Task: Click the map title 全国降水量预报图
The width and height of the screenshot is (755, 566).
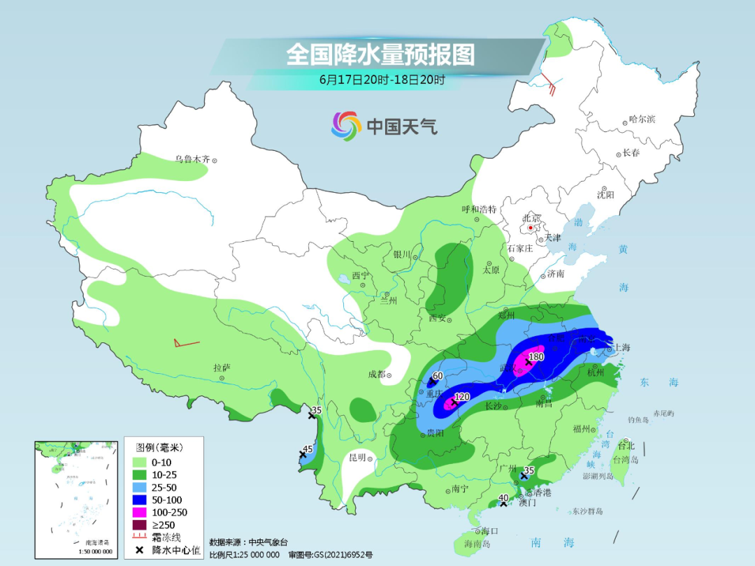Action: [380, 55]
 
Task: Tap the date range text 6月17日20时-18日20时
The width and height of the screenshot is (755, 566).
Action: [382, 80]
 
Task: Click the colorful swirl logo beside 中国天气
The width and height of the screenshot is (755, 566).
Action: [345, 126]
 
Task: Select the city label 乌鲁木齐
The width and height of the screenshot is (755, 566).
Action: [192, 159]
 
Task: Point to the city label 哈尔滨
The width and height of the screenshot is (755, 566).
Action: [642, 119]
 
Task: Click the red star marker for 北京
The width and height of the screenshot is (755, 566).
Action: [531, 228]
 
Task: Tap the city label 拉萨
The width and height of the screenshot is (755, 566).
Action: [222, 368]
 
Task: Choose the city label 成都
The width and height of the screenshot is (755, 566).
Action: [375, 374]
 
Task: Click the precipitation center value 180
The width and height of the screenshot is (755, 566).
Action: [536, 357]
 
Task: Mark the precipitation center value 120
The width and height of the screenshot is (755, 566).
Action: [462, 396]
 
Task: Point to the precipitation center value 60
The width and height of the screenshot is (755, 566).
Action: [438, 376]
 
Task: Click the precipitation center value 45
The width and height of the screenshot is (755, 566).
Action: [308, 449]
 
